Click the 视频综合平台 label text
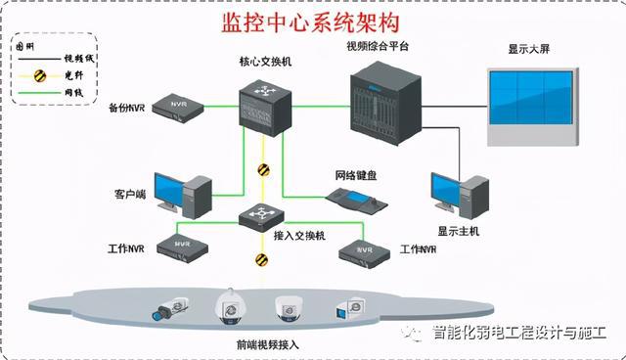[x=377, y=46]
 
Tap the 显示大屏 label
[x=531, y=48]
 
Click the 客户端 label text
[x=129, y=195]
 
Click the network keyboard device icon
[x=356, y=202]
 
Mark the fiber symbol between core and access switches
[x=263, y=169]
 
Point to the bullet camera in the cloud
[x=166, y=311]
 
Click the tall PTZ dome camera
[x=229, y=306]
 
